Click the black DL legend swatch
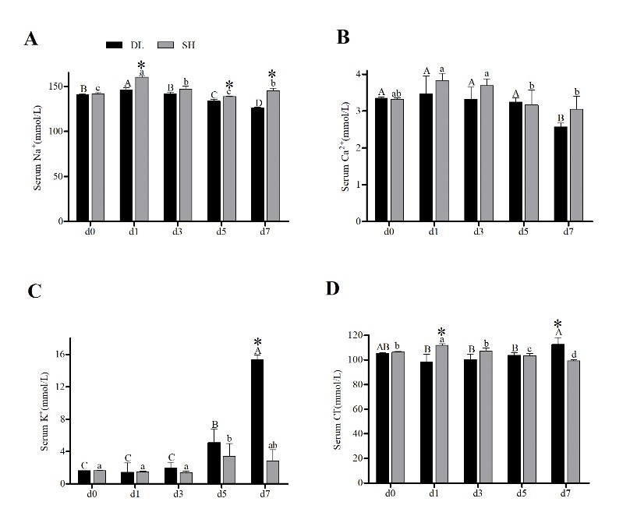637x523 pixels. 116,45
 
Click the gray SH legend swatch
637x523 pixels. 167,45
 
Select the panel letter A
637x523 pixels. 31,39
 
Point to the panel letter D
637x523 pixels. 333,289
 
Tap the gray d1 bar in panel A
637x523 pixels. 141,149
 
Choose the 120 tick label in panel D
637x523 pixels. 361,335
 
